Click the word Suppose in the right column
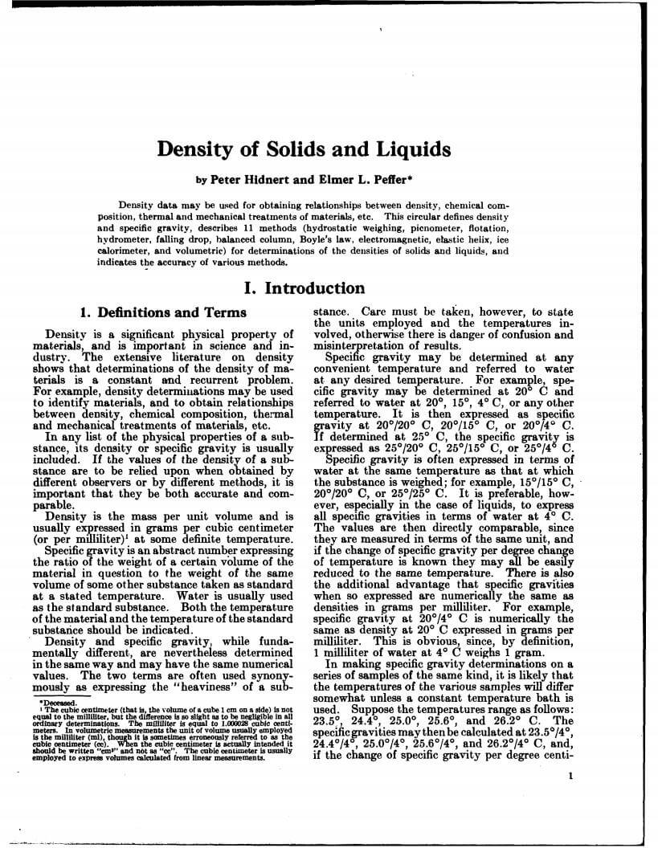(x=367, y=710)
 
